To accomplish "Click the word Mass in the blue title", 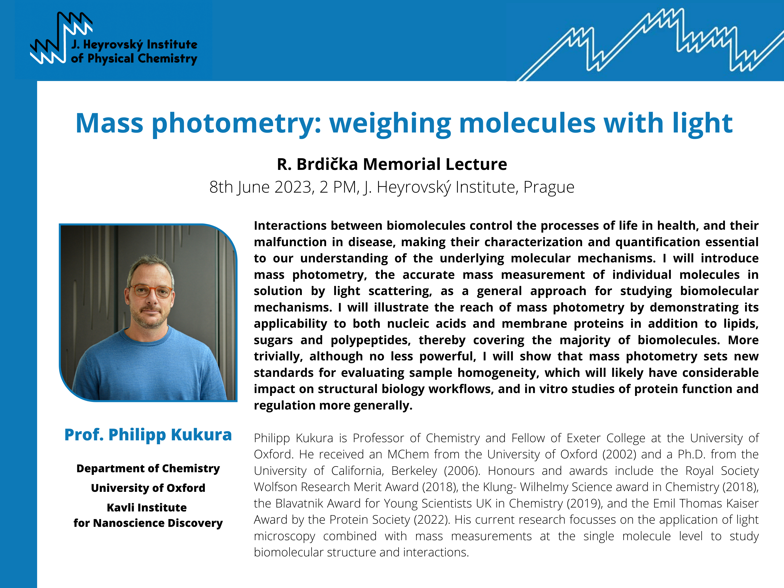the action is (109, 123).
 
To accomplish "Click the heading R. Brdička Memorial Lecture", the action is (392, 164).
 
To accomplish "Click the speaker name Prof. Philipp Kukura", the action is (148, 435).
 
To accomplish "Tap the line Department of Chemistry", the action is (148, 469).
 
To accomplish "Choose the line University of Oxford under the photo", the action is (148, 488).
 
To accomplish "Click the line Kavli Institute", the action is (147, 508).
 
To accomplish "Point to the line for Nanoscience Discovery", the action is (148, 523).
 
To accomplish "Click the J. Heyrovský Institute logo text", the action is (134, 52).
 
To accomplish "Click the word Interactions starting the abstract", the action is (290, 226).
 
